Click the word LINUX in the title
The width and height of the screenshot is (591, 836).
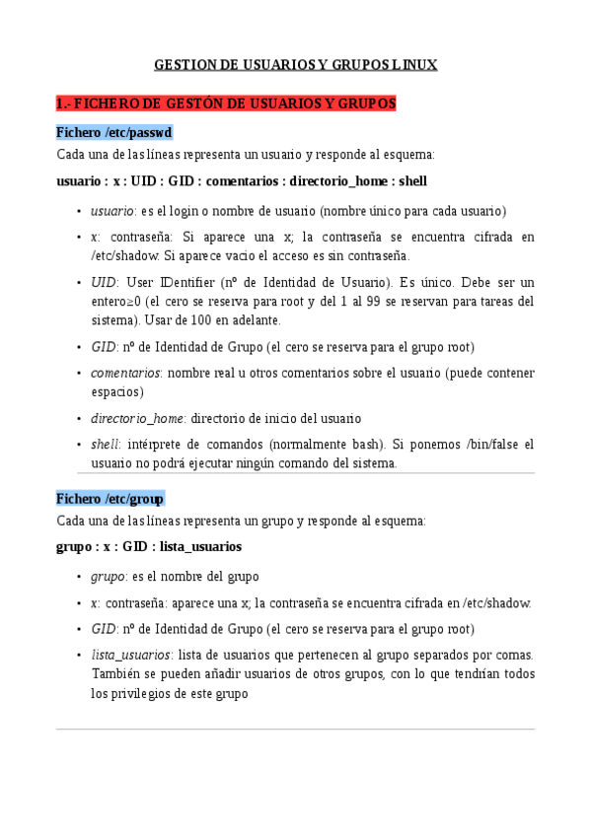[414, 65]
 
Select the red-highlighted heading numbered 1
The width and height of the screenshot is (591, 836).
[227, 103]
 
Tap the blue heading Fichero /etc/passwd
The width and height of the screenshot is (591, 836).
[114, 132]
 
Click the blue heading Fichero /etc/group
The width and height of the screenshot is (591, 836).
[111, 498]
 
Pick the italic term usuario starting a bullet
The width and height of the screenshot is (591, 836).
[111, 211]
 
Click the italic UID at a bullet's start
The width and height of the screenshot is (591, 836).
[103, 282]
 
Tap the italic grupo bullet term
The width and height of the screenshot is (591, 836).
[107, 577]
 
